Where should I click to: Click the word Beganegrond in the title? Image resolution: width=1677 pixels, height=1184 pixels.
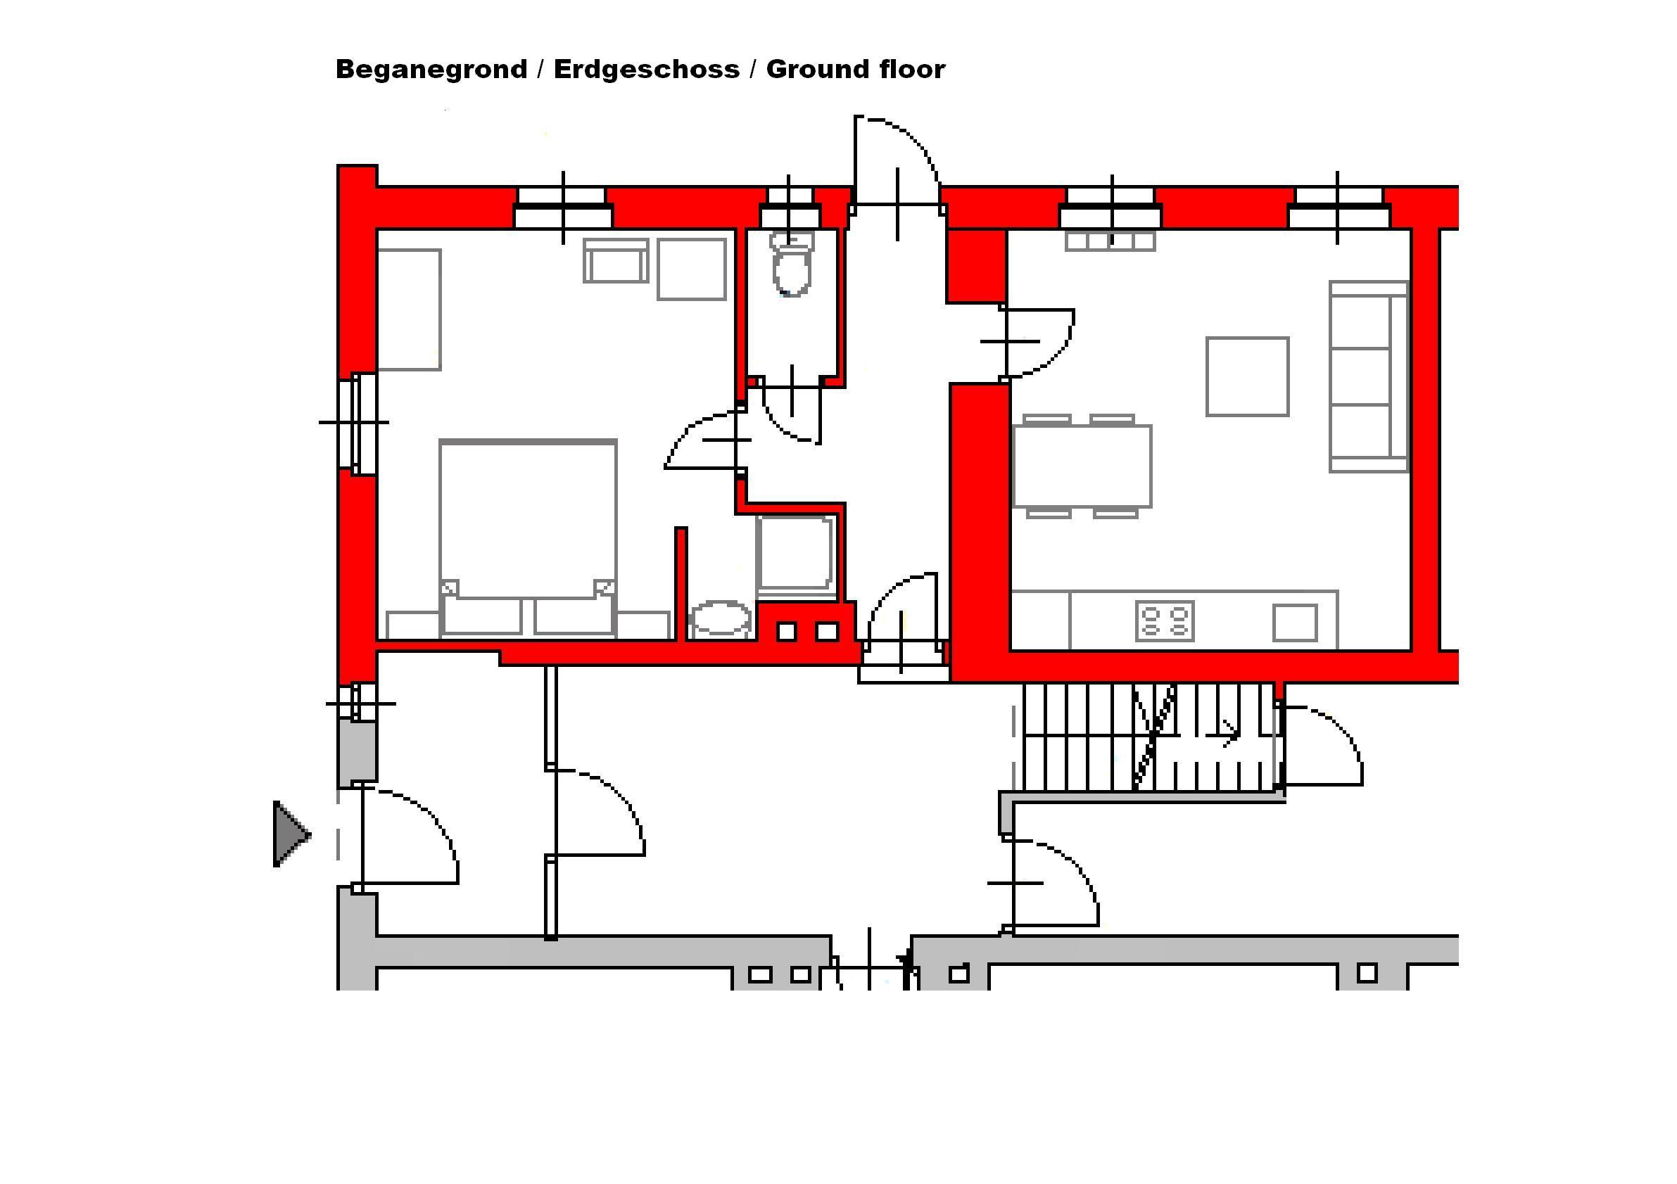coord(431,70)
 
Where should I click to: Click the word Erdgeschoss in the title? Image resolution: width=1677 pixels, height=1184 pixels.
coord(647,70)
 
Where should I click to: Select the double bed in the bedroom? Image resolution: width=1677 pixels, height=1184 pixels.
coord(528,538)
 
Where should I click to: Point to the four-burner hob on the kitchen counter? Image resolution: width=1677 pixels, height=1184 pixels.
coord(1165,621)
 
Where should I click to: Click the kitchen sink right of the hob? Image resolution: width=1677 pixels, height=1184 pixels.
coord(1295,623)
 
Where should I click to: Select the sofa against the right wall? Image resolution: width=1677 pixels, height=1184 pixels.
coord(1369,376)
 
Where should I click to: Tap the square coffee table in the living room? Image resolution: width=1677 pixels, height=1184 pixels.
coord(1248,376)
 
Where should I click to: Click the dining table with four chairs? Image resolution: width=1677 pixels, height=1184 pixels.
coord(1082,466)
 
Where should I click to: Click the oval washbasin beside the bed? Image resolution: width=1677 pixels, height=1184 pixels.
coord(721,618)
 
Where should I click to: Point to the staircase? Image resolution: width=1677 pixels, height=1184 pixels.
coord(1150,737)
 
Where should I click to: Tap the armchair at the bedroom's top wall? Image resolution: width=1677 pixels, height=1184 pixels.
coord(616,260)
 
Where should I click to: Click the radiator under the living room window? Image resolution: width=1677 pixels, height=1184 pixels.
coord(1110,241)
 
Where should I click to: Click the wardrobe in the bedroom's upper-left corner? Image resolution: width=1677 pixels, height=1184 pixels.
coord(409,310)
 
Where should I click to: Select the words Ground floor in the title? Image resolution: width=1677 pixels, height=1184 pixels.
coord(855,70)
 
